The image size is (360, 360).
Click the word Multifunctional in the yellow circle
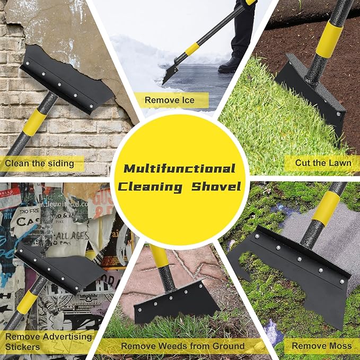click(179, 169)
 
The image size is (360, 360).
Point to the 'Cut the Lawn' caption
click(323, 163)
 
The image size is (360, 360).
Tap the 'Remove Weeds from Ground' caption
click(183, 346)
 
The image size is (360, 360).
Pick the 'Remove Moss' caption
click(321, 346)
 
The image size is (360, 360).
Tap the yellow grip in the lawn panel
click(329, 38)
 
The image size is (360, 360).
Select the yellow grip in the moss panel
click(326, 207)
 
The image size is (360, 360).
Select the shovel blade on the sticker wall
click(61, 267)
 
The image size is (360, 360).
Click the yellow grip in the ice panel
click(192, 49)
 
